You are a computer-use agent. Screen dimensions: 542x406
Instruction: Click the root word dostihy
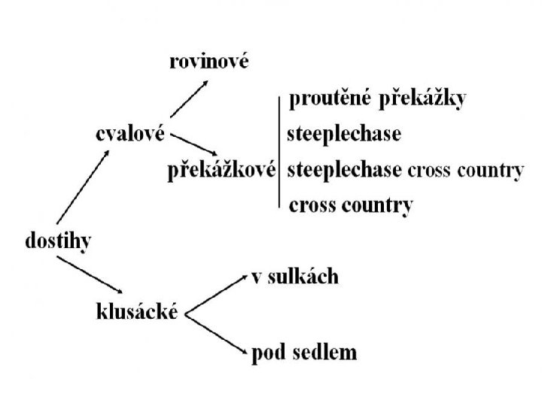[x=59, y=242]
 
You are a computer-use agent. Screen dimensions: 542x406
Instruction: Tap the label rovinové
[x=208, y=62]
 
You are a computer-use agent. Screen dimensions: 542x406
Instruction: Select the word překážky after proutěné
[x=422, y=100]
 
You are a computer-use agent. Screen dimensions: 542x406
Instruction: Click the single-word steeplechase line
[x=344, y=135]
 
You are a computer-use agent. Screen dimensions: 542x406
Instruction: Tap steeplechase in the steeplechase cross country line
[x=344, y=171]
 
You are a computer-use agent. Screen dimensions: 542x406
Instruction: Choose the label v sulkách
[x=294, y=277]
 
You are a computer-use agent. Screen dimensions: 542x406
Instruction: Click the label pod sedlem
[x=304, y=352]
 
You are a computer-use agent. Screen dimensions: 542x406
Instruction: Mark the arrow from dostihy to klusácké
[x=90, y=274]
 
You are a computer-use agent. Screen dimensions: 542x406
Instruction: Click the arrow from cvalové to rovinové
[x=189, y=98]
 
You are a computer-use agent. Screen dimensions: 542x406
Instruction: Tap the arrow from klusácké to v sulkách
[x=216, y=295]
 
